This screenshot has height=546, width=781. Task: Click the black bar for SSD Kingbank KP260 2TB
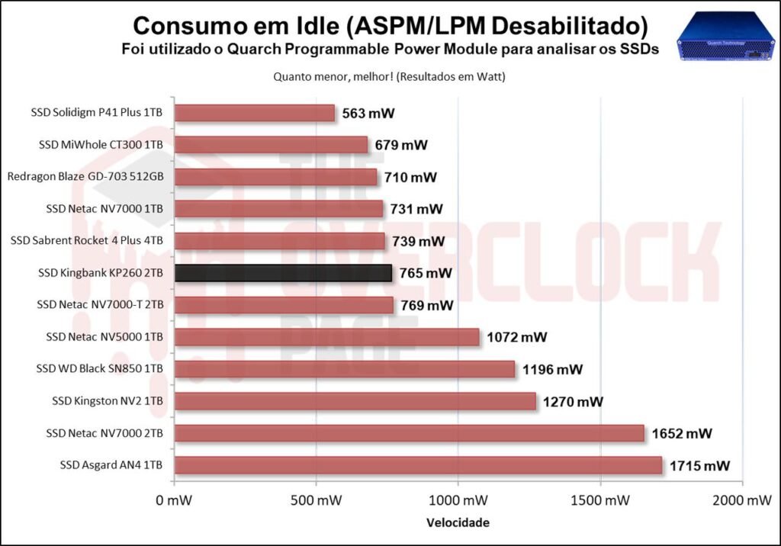[x=284, y=273]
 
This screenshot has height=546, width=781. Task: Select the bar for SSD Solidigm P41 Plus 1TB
[x=255, y=113]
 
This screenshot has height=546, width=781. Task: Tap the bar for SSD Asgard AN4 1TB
[x=418, y=465]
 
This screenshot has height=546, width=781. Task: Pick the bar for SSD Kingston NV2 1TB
[x=355, y=401]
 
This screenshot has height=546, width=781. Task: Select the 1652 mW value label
[x=682, y=433]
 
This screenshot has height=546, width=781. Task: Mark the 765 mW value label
[x=426, y=273]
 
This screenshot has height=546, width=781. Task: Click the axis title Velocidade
[x=458, y=523]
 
